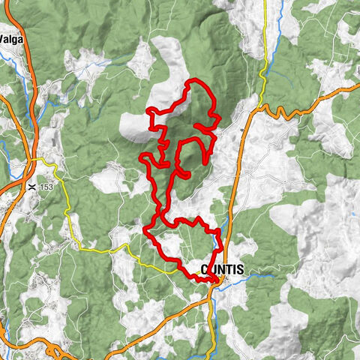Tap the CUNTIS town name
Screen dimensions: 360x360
(x=222, y=270)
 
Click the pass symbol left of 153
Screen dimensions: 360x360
(x=32, y=186)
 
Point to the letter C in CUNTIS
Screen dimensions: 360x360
(x=204, y=270)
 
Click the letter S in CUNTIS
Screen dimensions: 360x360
(x=241, y=270)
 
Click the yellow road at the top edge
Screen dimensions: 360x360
(x=265, y=4)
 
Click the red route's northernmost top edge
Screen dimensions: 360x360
(x=196, y=81)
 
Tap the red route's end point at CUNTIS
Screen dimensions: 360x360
(x=215, y=280)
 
